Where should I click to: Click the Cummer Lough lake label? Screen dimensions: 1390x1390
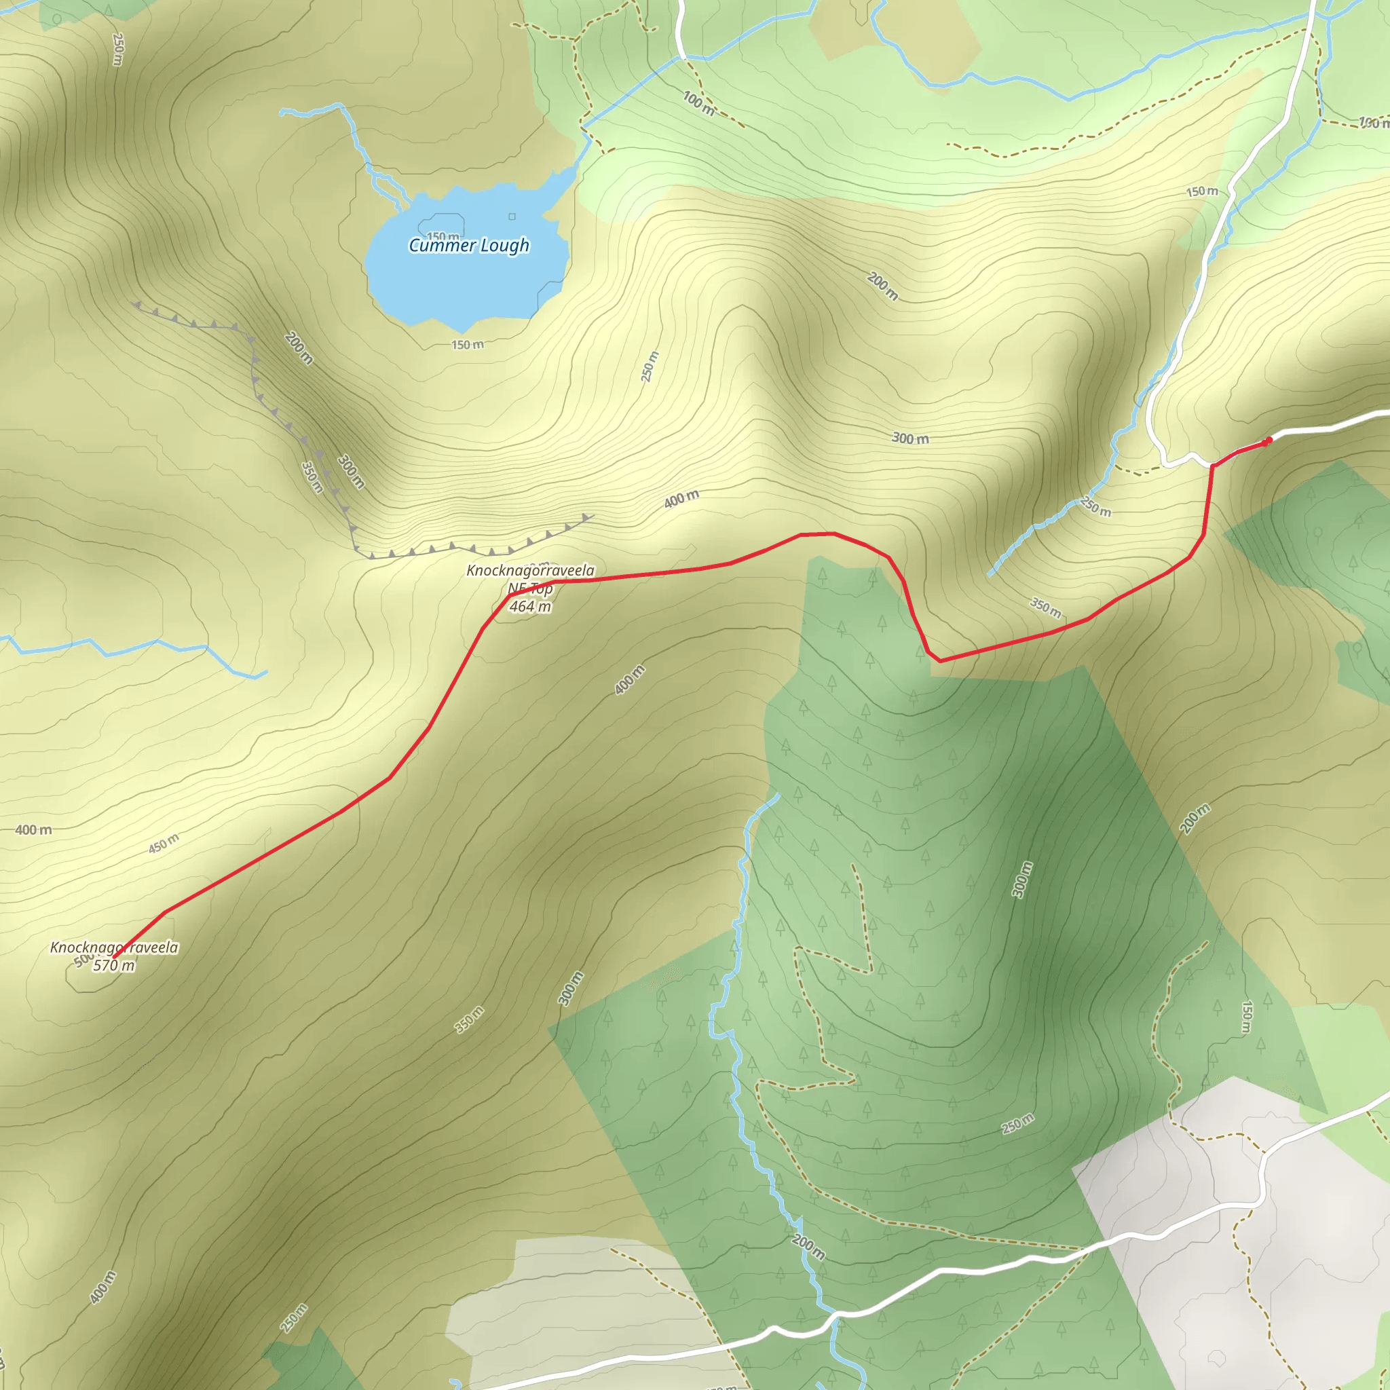[x=468, y=245]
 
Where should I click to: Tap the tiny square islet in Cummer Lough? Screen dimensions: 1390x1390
[x=512, y=217]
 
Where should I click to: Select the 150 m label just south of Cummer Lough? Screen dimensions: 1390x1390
[x=468, y=345]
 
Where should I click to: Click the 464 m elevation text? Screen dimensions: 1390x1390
[x=530, y=607]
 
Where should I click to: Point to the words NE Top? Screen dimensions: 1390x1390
[x=530, y=589]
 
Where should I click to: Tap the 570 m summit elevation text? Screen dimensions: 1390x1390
[x=113, y=966]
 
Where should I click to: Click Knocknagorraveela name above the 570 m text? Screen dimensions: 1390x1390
[x=113, y=947]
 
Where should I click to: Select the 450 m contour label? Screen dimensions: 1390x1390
[x=164, y=843]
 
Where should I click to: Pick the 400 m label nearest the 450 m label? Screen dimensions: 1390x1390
[x=34, y=830]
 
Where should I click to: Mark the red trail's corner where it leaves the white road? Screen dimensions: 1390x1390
[x=1213, y=466]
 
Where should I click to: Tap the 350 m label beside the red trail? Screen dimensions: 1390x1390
[x=1045, y=607]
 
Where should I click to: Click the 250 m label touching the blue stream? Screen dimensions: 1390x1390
[x=1095, y=506]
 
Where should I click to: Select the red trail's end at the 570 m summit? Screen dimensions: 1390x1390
[x=113, y=958]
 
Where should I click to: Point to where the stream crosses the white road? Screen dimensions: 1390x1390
[x=835, y=1316]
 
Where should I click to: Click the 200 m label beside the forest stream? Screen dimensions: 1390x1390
[x=808, y=1247]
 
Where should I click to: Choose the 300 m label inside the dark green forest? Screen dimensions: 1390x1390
[x=1021, y=879]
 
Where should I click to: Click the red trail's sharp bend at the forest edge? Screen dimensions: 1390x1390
[x=938, y=660]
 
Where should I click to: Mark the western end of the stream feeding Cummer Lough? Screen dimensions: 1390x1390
[x=282, y=112]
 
